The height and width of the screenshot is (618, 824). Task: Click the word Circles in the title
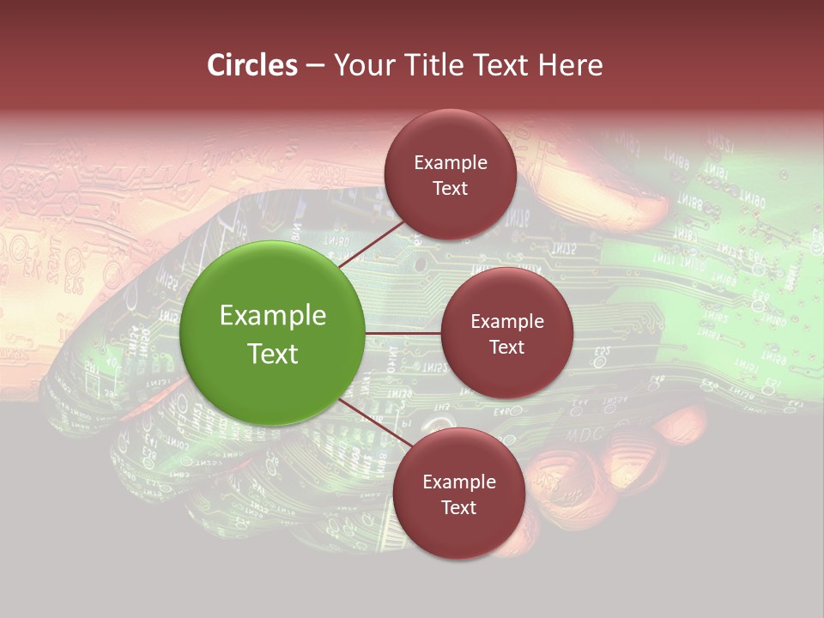(x=251, y=65)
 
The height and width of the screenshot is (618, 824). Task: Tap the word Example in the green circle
(x=273, y=316)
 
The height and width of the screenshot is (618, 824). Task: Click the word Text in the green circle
(x=273, y=354)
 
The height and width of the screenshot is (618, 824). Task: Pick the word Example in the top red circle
(x=450, y=163)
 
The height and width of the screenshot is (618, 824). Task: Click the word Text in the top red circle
(x=450, y=188)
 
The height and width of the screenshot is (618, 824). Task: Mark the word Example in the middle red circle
(x=506, y=322)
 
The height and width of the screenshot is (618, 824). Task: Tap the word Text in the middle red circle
(x=506, y=347)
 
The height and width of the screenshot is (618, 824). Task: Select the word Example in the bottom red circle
(x=458, y=482)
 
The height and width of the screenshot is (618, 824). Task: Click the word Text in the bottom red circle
(x=458, y=507)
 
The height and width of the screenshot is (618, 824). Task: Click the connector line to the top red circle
(x=371, y=244)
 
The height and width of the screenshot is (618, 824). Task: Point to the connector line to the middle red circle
(x=403, y=333)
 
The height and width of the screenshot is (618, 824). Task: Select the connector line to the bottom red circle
(x=376, y=422)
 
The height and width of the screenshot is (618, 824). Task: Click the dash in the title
(x=315, y=66)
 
